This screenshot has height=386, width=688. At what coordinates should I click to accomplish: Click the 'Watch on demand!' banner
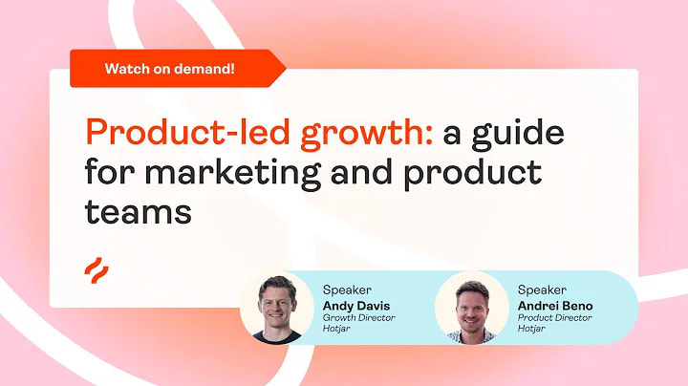coord(172,68)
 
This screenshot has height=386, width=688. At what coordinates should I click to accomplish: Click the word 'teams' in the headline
coord(138,211)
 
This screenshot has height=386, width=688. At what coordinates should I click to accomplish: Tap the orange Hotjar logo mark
coord(95,268)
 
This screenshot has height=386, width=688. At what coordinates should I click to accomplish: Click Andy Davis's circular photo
coord(277,307)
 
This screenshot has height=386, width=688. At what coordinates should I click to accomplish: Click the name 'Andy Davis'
coord(355,305)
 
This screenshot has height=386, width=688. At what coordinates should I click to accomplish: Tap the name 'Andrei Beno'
coord(555,305)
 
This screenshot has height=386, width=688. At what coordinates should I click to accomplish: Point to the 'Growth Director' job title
coord(359,318)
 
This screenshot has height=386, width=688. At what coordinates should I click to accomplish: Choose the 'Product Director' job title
coord(555,318)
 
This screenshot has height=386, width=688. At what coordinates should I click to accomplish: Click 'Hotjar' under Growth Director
coord(337,331)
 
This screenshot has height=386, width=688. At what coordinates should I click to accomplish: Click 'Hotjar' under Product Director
coord(532,331)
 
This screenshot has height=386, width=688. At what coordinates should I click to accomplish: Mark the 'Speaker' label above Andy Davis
coord(347,289)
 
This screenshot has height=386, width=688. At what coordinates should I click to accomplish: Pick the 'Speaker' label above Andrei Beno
coord(542,289)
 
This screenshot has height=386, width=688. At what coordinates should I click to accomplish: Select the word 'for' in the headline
coord(110,173)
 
